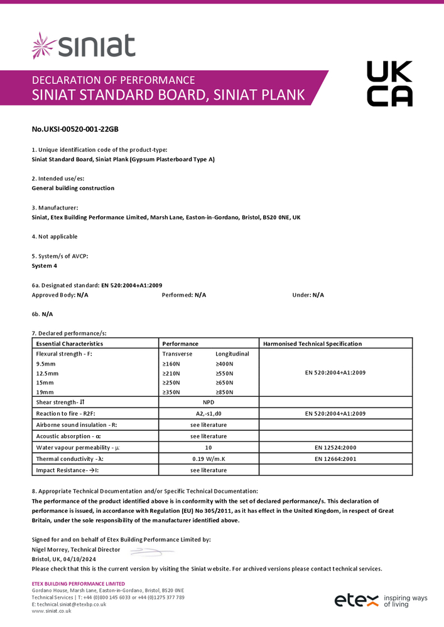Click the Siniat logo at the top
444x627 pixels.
[84, 46]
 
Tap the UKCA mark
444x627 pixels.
[389, 83]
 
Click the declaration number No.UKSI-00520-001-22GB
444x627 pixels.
[75, 129]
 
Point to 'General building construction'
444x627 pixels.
[73, 187]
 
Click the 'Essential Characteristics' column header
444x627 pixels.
[70, 344]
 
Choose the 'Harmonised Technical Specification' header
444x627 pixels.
[312, 344]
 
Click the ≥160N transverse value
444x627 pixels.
[171, 364]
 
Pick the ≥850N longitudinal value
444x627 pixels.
[224, 392]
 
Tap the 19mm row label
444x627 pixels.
[45, 392]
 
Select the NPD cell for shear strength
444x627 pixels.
[208, 402]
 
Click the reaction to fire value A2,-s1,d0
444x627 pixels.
[208, 413]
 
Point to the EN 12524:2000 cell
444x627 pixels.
[335, 448]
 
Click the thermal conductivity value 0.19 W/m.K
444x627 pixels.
[208, 459]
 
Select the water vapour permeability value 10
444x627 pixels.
[208, 448]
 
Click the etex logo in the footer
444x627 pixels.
[355, 599]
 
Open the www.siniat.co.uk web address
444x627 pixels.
[51, 611]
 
